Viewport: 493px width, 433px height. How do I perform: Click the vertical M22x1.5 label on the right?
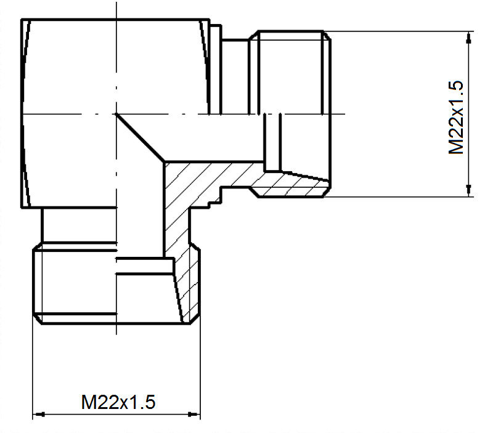pos(456,117)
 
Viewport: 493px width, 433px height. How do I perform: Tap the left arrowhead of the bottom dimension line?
pos(39,415)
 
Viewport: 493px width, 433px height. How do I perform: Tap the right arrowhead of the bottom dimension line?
pos(194,415)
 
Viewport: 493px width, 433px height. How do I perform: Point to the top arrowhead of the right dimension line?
pos(469,38)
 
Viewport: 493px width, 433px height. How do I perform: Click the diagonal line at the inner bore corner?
pos(141,137)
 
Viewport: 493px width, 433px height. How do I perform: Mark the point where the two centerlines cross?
pos(116,114)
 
